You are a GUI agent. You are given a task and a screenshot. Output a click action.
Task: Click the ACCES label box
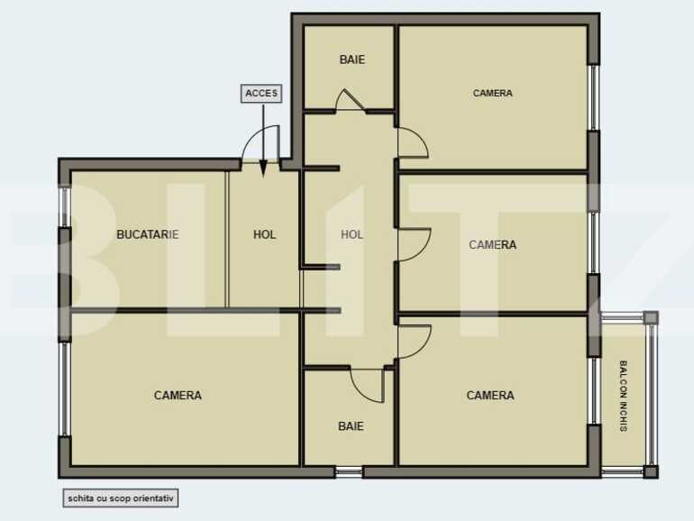pos(262,93)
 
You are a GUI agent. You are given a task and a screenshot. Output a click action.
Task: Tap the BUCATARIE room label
pos(148,234)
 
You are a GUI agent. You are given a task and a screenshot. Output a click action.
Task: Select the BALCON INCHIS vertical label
pos(623,396)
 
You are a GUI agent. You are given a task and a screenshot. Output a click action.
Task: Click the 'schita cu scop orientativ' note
pos(121,497)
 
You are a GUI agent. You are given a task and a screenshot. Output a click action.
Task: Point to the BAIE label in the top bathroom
pos(352,60)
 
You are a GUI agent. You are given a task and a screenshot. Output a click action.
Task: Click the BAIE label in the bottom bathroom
pos(351,426)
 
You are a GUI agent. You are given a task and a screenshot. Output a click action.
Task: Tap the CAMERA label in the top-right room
pos(492,93)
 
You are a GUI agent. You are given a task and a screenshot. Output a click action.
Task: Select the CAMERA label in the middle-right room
pos(492,244)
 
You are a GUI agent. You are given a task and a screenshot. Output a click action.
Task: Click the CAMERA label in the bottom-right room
pos(490,395)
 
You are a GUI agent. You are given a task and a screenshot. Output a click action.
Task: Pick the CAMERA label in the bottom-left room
pos(178,395)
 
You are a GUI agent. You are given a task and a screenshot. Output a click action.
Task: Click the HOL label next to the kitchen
pos(264,234)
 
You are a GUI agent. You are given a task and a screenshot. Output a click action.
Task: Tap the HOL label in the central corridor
pos(352,234)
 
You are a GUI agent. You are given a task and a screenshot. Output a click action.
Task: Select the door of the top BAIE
pos(350,100)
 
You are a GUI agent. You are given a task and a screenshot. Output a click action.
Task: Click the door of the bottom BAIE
pos(369,384)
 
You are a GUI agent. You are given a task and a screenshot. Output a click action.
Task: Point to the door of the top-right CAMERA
pos(412,142)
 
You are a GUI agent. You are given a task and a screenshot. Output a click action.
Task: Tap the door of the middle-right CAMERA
pos(413,244)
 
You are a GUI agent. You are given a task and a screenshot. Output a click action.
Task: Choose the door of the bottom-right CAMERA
pos(413,341)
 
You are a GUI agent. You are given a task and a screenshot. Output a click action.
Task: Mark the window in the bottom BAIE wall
pos(349,471)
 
